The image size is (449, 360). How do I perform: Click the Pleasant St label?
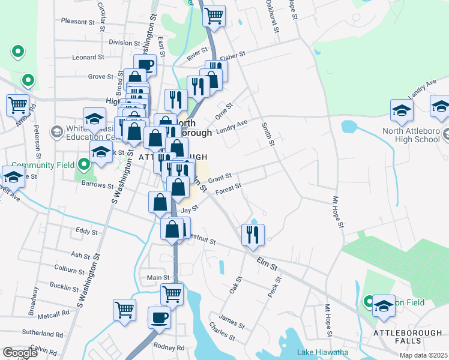click(78, 22)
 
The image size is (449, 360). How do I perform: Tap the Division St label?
click(124, 43)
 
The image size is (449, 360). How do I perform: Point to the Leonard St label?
click(88, 58)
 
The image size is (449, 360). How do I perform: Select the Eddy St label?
click(87, 230)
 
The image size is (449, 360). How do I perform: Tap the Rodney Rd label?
click(169, 347)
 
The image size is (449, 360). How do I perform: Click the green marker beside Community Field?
click(83, 163)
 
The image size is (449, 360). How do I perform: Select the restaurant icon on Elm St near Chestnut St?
click(253, 234)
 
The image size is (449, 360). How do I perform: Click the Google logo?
click(20, 353)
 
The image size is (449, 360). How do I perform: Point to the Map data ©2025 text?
click(423, 356)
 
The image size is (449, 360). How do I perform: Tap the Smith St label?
click(268, 134)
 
